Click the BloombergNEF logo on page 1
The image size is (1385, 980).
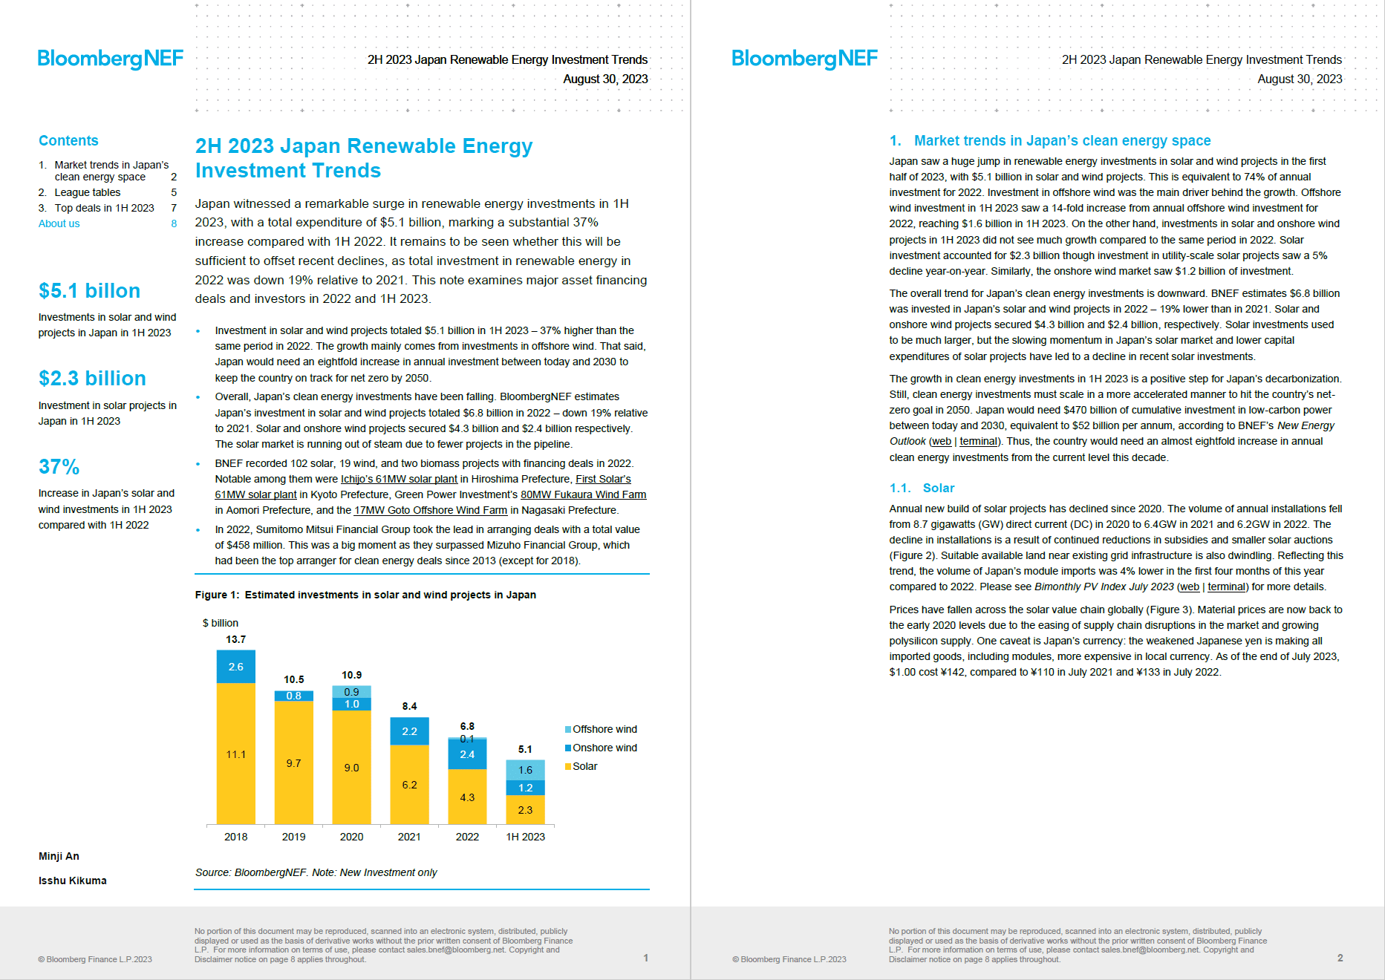tap(110, 59)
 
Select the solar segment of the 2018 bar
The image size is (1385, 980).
tap(236, 754)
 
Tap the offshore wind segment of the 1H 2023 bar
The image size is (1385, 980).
tap(525, 770)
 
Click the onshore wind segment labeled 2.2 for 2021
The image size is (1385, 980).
tap(409, 731)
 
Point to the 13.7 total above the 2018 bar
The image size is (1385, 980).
tap(235, 639)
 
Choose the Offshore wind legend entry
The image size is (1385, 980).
tap(601, 729)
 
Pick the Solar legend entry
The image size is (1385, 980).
tap(581, 766)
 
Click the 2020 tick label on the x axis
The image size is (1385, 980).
tap(351, 837)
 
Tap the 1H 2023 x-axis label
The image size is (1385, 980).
tap(525, 837)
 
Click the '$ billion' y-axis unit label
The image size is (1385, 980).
tap(221, 623)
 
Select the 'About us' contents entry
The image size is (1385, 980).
tap(59, 223)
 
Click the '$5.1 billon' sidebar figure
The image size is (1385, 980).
tap(89, 290)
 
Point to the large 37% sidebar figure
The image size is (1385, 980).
tap(59, 466)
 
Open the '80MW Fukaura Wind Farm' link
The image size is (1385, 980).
tap(583, 494)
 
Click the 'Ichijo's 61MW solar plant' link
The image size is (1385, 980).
tap(399, 479)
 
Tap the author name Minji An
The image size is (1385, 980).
tap(59, 856)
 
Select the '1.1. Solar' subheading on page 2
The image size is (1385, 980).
tap(922, 488)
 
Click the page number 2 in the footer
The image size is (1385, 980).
tap(1340, 958)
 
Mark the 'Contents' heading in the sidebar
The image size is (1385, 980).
tap(68, 140)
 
